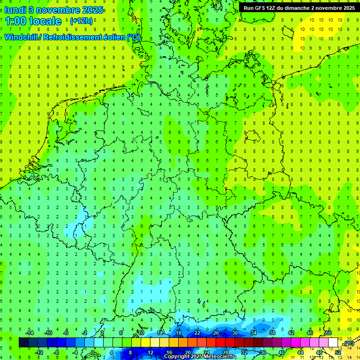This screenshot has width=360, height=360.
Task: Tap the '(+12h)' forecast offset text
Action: [81, 21]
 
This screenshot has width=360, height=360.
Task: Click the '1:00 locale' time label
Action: [33, 21]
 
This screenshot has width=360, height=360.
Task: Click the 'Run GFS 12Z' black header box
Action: [299, 8]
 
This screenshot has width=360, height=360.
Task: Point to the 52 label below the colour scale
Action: [338, 352]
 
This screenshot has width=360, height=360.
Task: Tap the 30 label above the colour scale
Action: [235, 333]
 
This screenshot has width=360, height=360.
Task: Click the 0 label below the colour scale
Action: [93, 352]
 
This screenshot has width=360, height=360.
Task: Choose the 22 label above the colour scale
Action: [197, 333]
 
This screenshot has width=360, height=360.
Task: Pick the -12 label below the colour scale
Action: [39, 352]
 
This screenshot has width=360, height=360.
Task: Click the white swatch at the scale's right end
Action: [333, 343]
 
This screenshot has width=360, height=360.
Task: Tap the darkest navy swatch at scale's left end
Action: [23, 343]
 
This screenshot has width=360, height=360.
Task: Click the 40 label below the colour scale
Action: [282, 352]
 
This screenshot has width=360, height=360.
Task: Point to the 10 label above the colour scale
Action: [141, 333]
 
